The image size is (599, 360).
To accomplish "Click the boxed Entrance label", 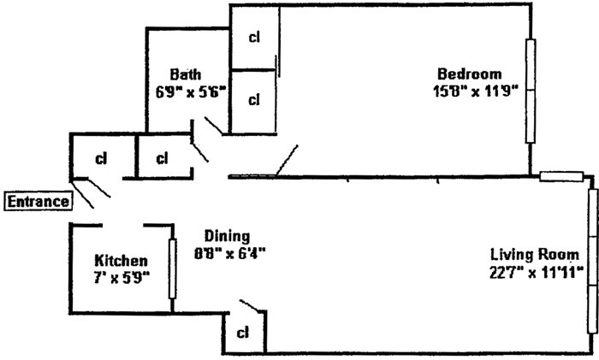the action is (x=38, y=201).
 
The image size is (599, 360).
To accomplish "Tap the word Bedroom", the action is (x=469, y=74).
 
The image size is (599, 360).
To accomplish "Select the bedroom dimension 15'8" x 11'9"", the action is (x=476, y=91).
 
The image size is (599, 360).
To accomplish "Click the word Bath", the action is (x=186, y=74).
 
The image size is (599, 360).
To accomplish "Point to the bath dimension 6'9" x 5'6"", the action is (x=191, y=91).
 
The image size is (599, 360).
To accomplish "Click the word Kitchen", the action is (x=121, y=260).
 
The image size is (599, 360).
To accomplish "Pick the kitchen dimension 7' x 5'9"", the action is (x=122, y=278).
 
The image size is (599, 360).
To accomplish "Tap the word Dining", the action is (x=228, y=236).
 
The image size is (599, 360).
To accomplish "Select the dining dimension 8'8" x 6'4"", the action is (x=230, y=253).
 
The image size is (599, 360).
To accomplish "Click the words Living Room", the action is (x=535, y=254).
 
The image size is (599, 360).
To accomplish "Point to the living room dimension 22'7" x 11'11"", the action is (x=537, y=272).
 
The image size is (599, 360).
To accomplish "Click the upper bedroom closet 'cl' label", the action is (x=254, y=37).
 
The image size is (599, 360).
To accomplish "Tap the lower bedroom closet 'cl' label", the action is (x=254, y=100).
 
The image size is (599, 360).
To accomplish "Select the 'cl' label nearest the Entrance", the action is (x=101, y=158).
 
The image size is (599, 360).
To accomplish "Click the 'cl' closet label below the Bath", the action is (x=162, y=158).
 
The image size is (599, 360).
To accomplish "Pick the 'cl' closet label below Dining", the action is (x=242, y=333).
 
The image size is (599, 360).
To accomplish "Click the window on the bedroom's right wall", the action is (x=531, y=91).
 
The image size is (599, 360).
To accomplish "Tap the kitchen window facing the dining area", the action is (x=173, y=269).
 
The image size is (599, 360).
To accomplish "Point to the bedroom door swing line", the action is (x=287, y=161).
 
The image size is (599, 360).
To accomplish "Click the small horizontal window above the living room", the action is (x=561, y=176).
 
